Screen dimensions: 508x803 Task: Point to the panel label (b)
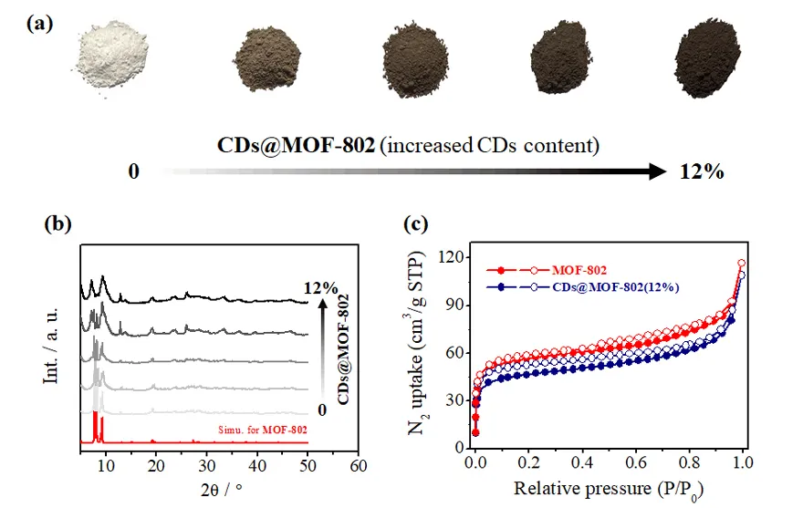(58, 224)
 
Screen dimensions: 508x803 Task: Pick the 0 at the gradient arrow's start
(133, 171)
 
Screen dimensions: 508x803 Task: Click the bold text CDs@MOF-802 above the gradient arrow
(296, 145)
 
